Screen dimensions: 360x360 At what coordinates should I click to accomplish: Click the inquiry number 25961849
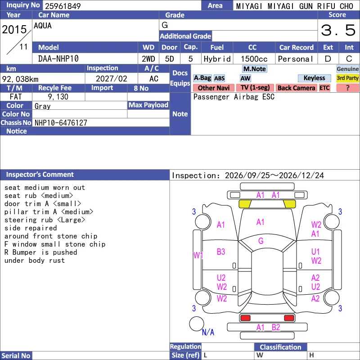[x=63, y=6]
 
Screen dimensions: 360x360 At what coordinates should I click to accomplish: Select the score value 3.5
[x=338, y=30]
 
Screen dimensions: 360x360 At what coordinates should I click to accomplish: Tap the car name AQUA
[x=43, y=26]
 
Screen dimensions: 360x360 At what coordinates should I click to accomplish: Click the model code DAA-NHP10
[x=58, y=59]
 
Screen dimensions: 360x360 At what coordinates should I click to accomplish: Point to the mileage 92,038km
[x=20, y=79]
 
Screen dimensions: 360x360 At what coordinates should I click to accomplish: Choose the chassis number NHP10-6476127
[x=61, y=123]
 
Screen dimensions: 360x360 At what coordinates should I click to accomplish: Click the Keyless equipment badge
[x=314, y=78]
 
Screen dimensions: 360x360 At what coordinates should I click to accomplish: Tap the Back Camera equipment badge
[x=296, y=88]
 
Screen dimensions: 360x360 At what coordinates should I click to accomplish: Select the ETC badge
[x=324, y=88]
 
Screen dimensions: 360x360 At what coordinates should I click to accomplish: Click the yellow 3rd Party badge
[x=347, y=78]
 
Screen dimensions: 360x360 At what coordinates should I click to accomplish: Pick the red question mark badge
[x=347, y=88]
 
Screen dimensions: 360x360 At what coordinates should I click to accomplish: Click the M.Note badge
[x=255, y=69]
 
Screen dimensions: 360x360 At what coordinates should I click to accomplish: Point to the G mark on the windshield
[x=261, y=241]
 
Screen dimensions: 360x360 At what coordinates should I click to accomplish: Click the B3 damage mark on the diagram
[x=221, y=252]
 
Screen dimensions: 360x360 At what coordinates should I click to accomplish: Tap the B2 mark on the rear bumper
[x=276, y=328]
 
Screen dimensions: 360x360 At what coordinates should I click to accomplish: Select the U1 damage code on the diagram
[x=315, y=252]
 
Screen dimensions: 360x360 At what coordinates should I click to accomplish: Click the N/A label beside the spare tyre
[x=208, y=332]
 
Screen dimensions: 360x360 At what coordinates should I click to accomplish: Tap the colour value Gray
[x=42, y=106]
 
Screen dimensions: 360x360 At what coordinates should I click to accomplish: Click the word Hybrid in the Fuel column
[x=217, y=59]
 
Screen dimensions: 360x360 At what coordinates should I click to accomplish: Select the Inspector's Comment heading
[x=40, y=175]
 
